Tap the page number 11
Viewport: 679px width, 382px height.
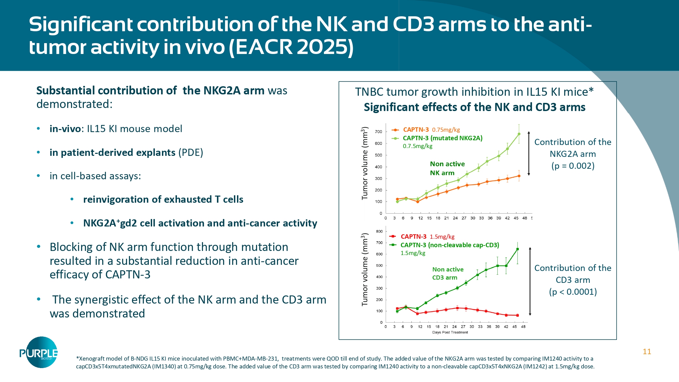(647, 352)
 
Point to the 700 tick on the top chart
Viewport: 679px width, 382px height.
(378, 132)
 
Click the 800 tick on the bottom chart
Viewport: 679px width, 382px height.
(379, 232)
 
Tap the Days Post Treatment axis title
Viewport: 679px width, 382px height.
(450, 332)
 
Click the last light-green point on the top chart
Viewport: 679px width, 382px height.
(519, 134)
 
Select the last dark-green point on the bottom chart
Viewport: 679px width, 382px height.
(517, 249)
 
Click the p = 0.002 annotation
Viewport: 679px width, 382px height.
(573, 166)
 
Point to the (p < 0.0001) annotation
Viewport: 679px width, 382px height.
(573, 292)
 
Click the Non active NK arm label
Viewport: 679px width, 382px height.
(447, 168)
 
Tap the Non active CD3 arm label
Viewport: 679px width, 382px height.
(447, 273)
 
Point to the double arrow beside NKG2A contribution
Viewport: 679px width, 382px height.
(529, 153)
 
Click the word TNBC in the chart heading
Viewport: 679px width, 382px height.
(369, 92)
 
